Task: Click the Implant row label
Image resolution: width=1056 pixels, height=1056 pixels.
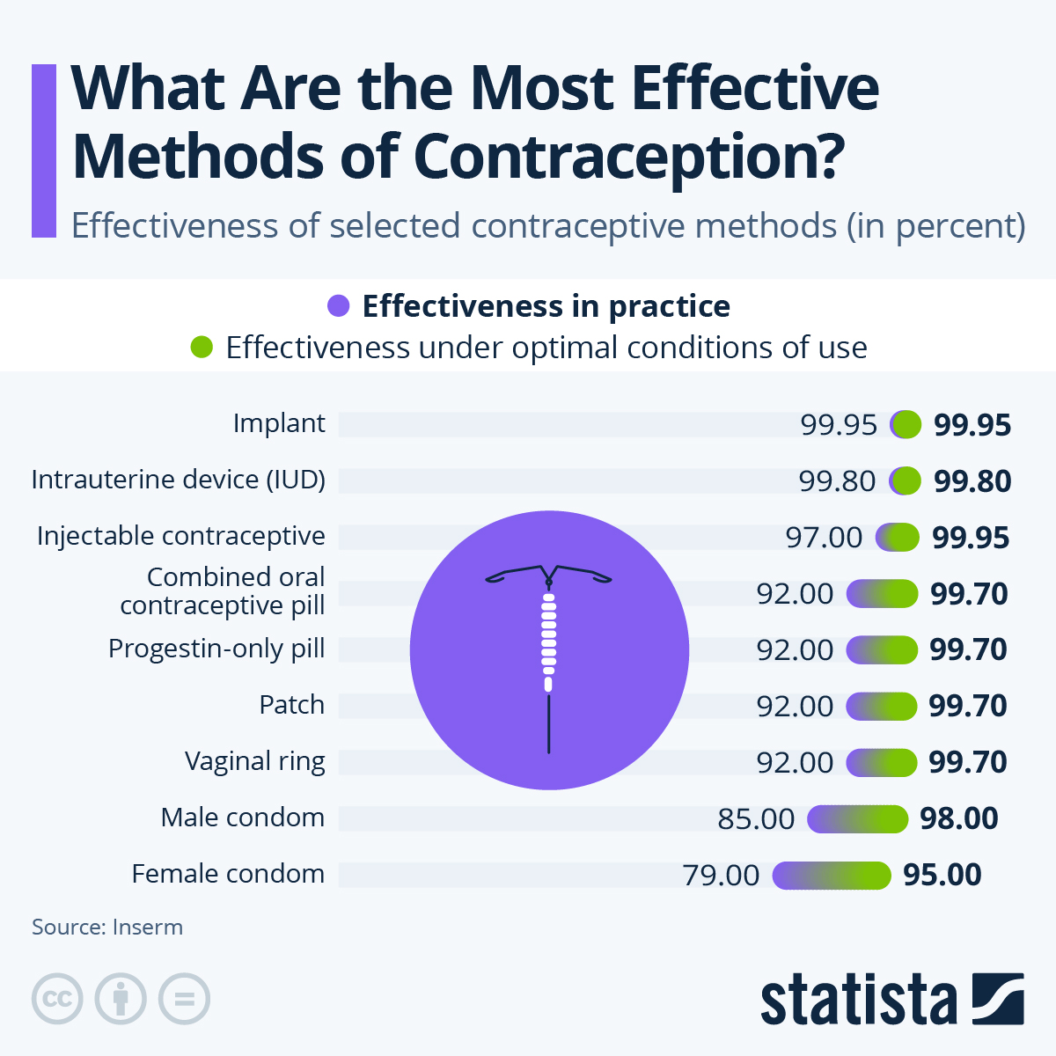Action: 279,423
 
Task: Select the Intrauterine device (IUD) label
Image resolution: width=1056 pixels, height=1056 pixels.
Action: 179,480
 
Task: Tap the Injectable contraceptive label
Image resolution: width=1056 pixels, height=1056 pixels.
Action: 181,536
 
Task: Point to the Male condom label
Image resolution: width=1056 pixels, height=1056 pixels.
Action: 243,818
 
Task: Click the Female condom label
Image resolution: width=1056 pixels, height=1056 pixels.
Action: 228,874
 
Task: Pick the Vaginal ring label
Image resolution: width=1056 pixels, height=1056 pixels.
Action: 255,761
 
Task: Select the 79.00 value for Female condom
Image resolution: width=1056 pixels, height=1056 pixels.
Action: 721,876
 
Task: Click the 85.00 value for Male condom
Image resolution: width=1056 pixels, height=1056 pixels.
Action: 756,819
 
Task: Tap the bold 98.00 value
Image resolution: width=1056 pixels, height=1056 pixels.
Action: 959,818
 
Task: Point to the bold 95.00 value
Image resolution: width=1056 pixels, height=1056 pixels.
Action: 942,875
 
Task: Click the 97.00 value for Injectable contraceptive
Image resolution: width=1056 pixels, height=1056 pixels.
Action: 825,538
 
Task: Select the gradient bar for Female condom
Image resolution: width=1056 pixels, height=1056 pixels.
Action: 832,876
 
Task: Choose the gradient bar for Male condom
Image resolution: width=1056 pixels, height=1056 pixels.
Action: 857,819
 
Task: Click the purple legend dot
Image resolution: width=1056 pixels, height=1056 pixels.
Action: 339,306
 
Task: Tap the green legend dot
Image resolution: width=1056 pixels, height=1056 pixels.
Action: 202,348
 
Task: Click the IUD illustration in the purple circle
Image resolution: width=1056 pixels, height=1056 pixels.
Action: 549,651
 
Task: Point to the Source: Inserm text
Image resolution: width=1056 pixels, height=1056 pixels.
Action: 107,928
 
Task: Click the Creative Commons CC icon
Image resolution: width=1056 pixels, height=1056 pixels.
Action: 57,999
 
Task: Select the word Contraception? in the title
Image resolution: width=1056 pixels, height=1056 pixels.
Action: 628,156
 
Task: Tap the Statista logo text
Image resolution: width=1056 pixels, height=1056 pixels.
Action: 858,1001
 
